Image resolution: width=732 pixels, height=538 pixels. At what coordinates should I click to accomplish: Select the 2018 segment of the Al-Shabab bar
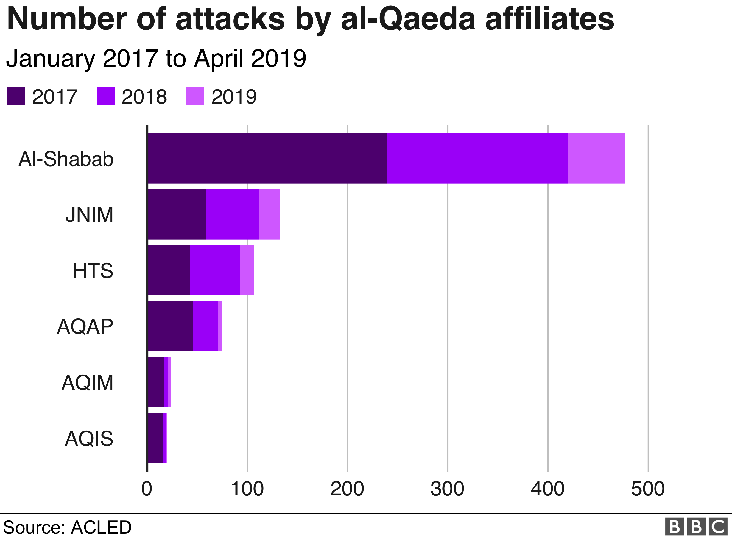click(477, 158)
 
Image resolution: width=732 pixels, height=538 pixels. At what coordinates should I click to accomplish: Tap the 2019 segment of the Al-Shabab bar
click(596, 158)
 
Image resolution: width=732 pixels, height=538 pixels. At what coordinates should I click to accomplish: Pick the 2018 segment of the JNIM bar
click(233, 214)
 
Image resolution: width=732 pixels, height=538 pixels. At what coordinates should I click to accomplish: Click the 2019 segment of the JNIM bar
click(269, 214)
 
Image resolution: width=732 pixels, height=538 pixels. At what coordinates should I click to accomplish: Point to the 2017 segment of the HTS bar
click(169, 270)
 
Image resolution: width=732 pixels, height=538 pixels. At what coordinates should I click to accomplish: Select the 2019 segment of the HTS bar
click(247, 270)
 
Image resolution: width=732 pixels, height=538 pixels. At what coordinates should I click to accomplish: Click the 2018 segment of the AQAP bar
click(206, 326)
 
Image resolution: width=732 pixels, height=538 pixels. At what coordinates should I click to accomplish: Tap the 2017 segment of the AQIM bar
click(156, 382)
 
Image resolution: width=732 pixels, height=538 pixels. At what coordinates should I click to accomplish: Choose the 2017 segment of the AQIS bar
click(155, 438)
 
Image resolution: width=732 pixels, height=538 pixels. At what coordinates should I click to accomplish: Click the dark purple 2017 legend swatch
click(16, 96)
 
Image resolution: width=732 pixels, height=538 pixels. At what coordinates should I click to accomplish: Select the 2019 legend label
click(234, 97)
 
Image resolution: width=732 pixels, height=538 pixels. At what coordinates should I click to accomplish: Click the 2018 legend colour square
click(105, 96)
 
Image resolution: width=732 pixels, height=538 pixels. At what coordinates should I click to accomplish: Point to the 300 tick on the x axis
click(447, 489)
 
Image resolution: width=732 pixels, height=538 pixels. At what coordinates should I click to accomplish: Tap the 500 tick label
click(648, 489)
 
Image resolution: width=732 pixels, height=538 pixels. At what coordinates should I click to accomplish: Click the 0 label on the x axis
click(147, 489)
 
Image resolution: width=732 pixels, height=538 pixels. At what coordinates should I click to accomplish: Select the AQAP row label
click(85, 326)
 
